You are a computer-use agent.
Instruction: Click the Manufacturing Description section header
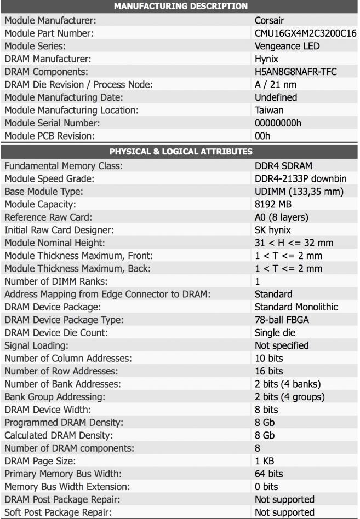(180, 6)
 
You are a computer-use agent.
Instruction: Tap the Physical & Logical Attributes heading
(180, 151)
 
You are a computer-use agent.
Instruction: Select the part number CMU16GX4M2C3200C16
(305, 33)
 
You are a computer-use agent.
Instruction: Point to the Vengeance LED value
(287, 46)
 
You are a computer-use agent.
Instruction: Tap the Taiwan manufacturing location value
(270, 110)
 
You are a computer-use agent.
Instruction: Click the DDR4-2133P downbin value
(300, 178)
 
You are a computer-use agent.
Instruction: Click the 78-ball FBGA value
(285, 320)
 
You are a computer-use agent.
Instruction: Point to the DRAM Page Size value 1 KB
(266, 461)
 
